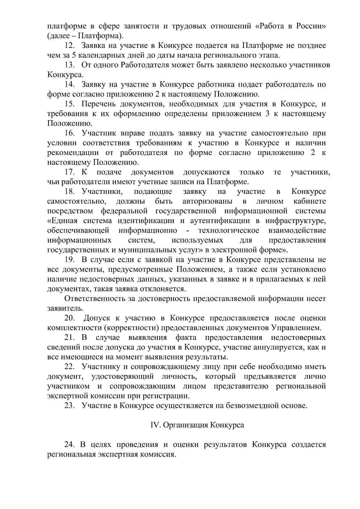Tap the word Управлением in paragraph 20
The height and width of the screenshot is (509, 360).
point(298,328)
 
